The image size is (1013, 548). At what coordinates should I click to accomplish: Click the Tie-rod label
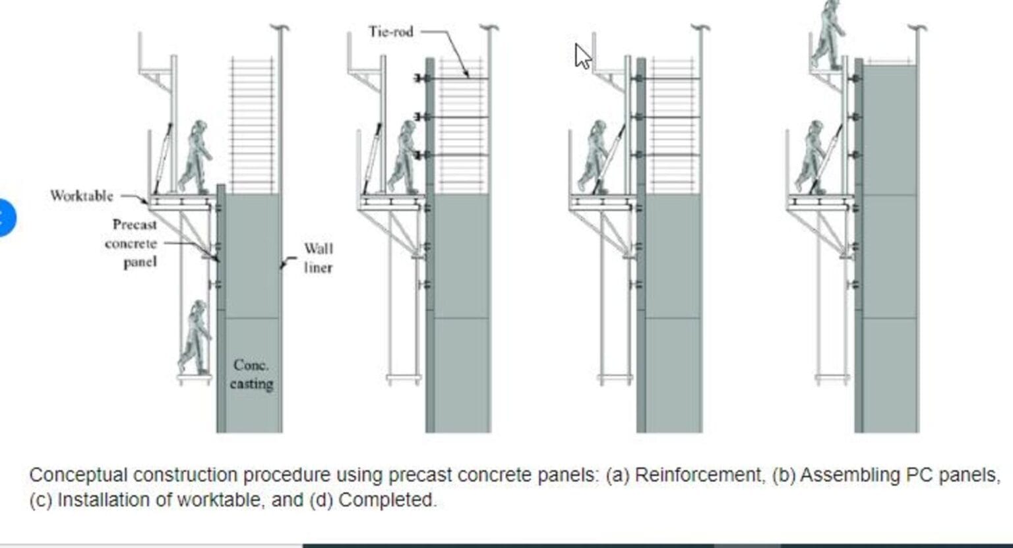point(390,32)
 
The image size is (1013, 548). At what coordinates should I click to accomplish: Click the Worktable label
point(82,196)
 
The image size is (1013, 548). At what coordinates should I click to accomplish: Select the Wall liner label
point(318,258)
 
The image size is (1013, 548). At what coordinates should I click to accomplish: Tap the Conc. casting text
point(251,374)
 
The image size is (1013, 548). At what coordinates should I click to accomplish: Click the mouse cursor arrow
point(582,56)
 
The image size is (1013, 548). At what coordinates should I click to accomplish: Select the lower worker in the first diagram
point(195,337)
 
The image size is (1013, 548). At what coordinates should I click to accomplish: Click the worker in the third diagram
point(594,157)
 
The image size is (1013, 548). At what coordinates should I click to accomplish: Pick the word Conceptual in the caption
point(78,475)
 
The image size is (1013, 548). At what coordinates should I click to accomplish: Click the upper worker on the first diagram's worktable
point(196,157)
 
